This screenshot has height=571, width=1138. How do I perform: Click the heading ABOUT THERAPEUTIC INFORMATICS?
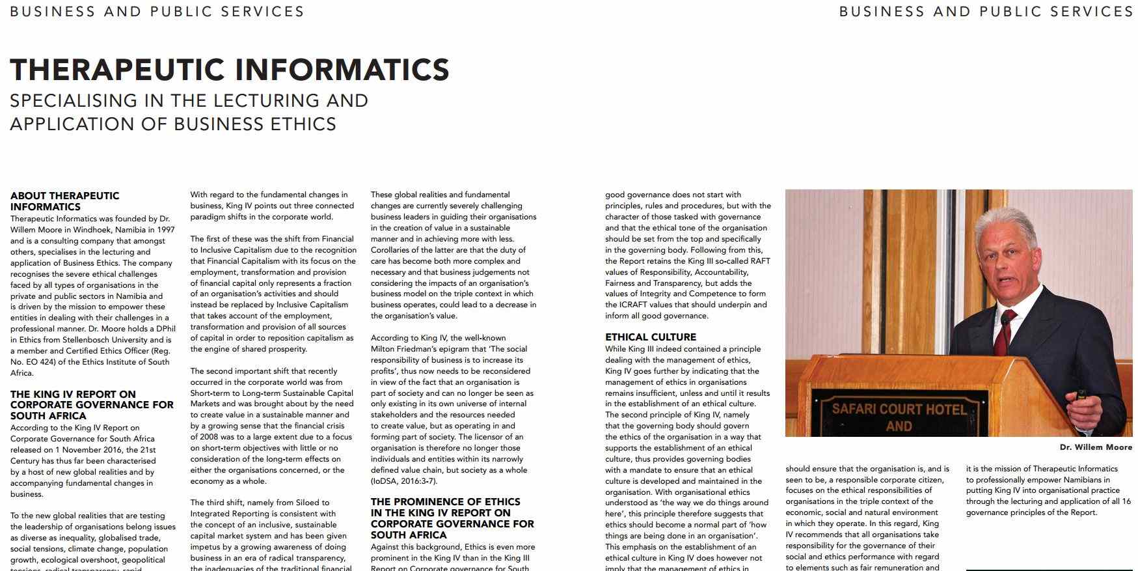(x=64, y=201)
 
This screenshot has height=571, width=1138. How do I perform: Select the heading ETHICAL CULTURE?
(x=651, y=337)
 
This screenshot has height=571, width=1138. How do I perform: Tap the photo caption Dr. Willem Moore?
(x=1096, y=447)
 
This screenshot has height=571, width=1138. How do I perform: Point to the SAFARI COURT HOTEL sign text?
(x=899, y=410)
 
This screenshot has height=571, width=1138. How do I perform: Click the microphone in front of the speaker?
(x=1005, y=319)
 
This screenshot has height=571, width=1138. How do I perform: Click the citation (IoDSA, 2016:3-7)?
(x=404, y=481)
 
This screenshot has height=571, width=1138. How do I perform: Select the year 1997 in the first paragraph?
(x=165, y=230)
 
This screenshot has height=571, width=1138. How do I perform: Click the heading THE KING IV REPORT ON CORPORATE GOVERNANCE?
(x=92, y=404)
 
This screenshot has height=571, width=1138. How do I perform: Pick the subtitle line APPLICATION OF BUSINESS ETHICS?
(x=173, y=124)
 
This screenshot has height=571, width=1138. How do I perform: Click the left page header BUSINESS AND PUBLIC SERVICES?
(x=157, y=12)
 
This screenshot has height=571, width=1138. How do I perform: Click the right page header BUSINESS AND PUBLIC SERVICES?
(x=986, y=12)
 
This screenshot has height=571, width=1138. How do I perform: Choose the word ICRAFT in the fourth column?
(x=634, y=305)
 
